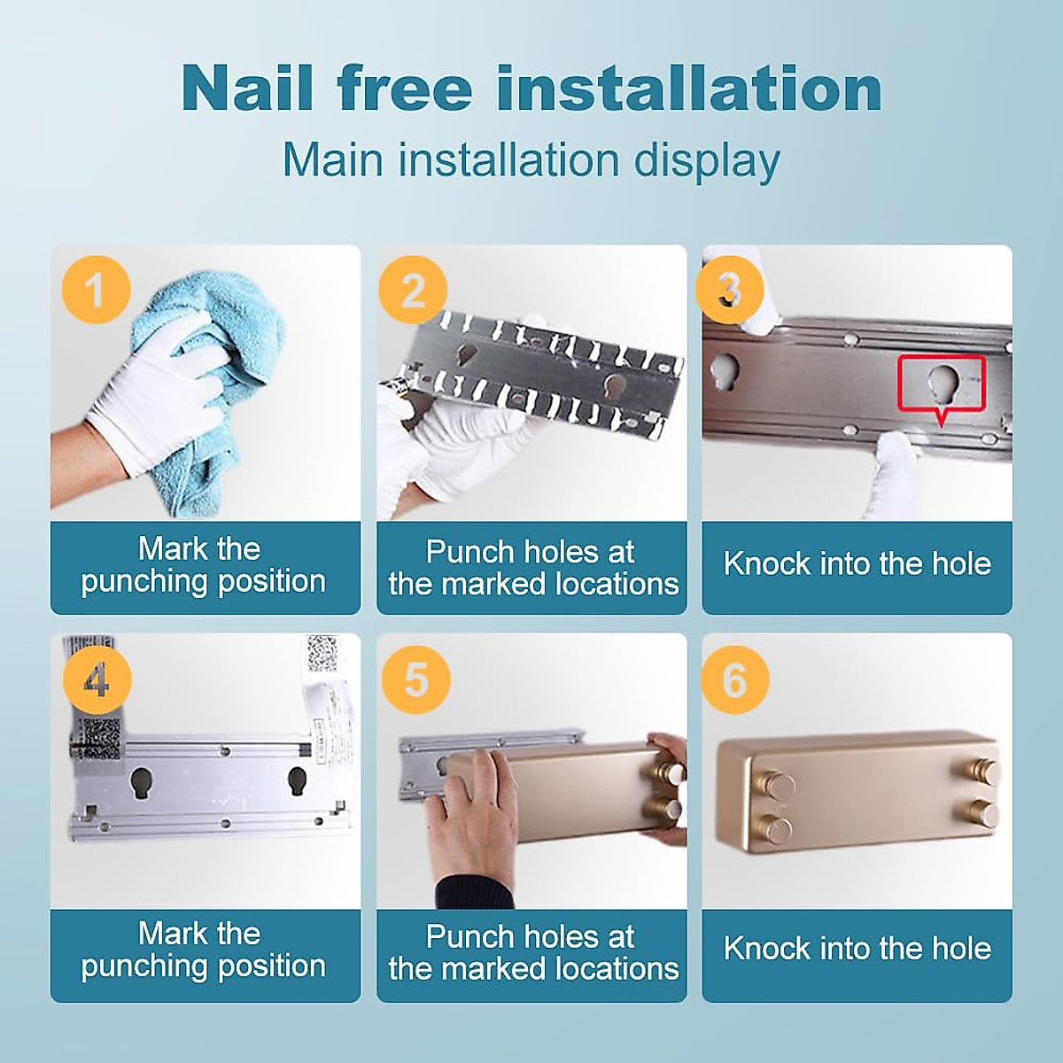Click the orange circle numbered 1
click(97, 290)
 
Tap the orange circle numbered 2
click(413, 290)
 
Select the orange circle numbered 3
click(729, 290)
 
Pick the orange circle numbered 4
click(97, 679)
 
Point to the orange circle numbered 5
click(416, 679)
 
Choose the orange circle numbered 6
click(734, 679)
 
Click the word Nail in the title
click(247, 89)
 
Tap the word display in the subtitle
click(707, 160)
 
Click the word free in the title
click(406, 89)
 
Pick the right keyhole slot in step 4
click(297, 783)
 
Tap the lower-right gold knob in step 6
click(983, 814)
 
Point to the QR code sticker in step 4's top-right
click(322, 655)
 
